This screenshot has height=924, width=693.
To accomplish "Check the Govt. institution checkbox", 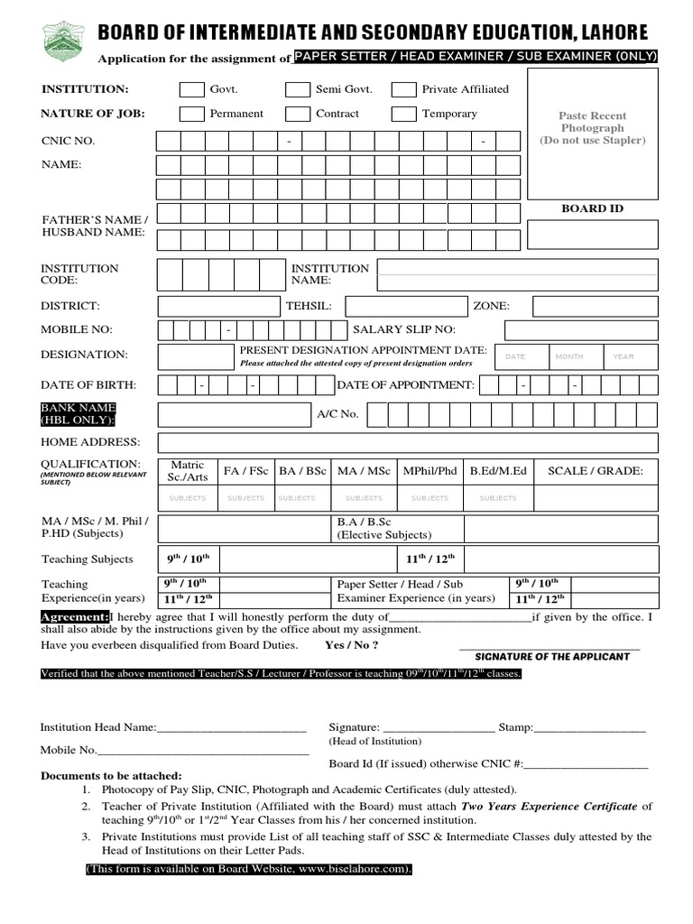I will [x=191, y=89].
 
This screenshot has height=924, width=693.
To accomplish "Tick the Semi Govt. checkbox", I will [x=298, y=89].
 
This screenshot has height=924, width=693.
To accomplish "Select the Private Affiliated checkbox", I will [x=405, y=89].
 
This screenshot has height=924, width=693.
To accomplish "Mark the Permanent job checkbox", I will [x=191, y=114].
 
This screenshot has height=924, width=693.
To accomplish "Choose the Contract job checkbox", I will [x=298, y=114].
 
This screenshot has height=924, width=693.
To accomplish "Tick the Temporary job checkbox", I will [x=405, y=114].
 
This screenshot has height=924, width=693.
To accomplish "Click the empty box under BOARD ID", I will [x=592, y=235].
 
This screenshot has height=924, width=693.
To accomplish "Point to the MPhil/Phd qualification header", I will [x=430, y=471].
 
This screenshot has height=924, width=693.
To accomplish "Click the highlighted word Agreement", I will [x=74, y=616].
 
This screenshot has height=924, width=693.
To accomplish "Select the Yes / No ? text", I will [x=351, y=646].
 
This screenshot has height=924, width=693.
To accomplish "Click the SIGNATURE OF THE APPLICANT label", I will [x=551, y=656].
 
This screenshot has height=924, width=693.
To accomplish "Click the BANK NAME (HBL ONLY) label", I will [x=79, y=414].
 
